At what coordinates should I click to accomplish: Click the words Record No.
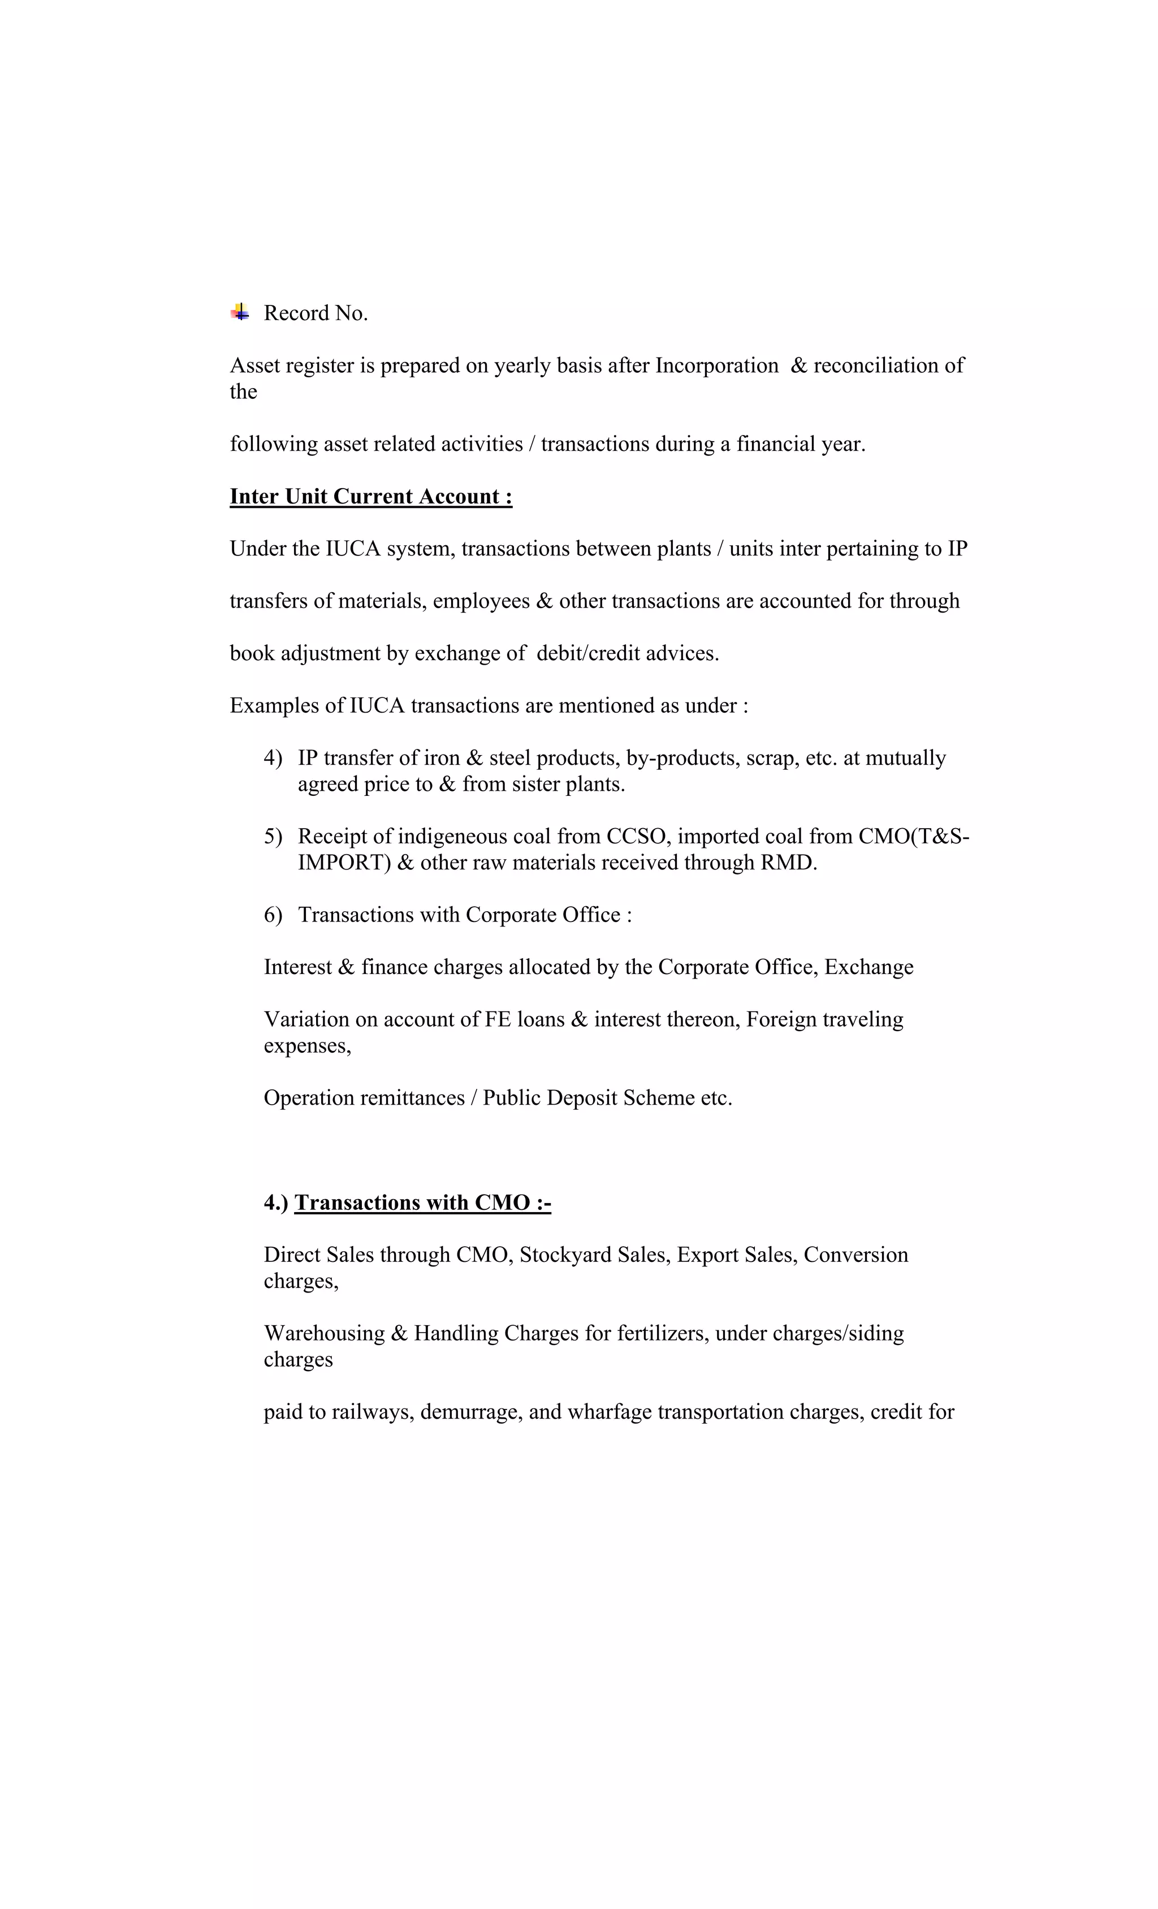coord(316,313)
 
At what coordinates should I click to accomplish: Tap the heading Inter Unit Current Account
coord(370,497)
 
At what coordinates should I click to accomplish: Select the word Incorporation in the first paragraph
coord(716,366)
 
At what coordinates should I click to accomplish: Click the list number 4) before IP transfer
coord(273,758)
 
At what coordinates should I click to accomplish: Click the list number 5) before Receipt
coord(273,837)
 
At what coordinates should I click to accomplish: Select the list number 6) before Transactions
coord(273,915)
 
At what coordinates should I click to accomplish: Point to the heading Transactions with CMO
coord(422,1203)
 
